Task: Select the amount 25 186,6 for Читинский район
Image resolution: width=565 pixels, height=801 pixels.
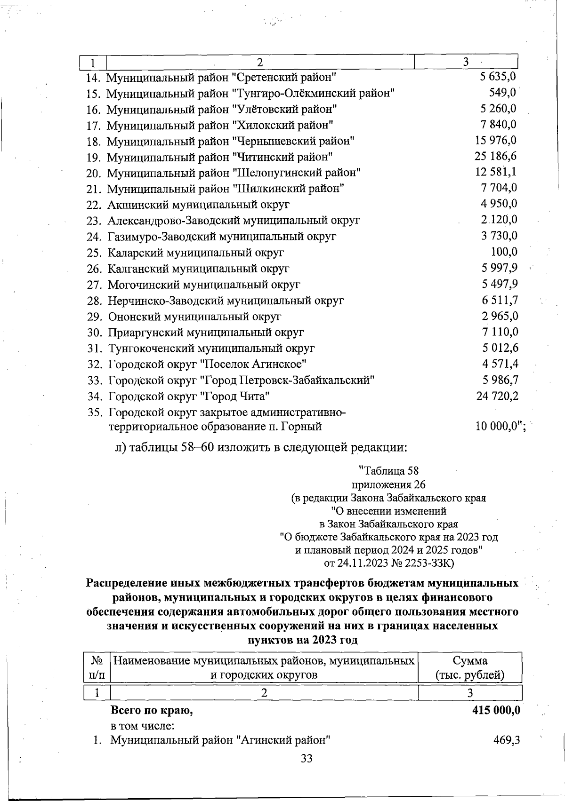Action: coord(496,156)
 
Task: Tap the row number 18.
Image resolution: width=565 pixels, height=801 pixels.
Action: coord(94,141)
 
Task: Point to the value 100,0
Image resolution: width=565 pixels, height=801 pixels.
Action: coord(504,252)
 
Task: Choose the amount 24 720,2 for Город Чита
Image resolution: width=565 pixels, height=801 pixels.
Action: coord(497,396)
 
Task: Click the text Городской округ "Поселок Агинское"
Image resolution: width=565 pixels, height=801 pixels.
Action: coord(208,364)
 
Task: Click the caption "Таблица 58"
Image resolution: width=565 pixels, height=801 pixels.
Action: coord(389,471)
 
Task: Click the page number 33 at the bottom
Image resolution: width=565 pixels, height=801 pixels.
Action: coord(306,758)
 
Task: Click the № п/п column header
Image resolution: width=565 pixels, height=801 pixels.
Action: coord(97,667)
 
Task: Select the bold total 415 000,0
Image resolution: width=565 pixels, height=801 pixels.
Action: coord(496,710)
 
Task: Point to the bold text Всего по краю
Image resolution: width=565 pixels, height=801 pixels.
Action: coord(152,710)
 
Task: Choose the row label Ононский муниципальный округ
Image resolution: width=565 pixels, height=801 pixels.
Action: coord(194,317)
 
